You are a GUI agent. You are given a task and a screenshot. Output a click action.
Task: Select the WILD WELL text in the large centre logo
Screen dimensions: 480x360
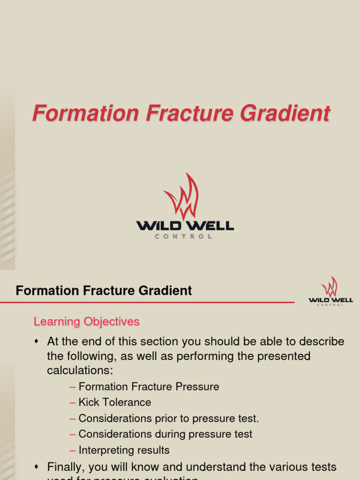185,226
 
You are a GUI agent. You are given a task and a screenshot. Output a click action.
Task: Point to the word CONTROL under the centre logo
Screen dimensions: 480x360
184,237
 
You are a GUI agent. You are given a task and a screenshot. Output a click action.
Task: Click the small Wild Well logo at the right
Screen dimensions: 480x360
330,291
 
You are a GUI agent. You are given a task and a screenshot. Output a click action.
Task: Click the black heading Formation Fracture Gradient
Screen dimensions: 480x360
104,291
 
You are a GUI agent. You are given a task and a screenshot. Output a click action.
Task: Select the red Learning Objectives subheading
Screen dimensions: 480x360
87,322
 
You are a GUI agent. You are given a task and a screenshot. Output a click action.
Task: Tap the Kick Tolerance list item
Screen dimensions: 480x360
115,402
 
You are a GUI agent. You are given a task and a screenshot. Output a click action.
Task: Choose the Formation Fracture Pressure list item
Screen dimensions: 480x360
149,387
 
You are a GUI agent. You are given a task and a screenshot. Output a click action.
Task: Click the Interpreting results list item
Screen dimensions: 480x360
124,450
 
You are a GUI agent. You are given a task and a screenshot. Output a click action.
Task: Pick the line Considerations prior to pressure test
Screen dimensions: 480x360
169,418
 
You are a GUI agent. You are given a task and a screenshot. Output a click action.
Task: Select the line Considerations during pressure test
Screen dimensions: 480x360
165,434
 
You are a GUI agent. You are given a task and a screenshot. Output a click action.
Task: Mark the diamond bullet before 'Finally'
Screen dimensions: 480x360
37,467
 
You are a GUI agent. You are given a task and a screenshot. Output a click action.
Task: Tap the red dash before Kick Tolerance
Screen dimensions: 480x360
72,403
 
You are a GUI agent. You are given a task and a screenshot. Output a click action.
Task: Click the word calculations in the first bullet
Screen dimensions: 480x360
80,370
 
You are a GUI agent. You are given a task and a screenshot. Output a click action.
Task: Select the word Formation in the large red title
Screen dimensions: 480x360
85,114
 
